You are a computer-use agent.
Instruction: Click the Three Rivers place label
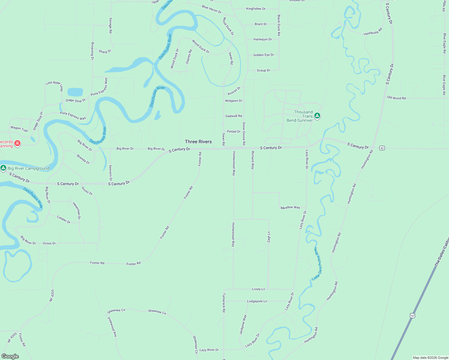click(198, 142)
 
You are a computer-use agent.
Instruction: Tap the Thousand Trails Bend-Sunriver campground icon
click(317, 116)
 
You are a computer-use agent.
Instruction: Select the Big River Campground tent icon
click(3, 168)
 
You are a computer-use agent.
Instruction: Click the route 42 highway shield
click(382, 148)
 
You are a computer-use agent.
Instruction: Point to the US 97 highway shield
click(413, 316)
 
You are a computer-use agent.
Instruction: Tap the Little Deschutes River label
click(317, 264)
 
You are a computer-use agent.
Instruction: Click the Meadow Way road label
click(290, 207)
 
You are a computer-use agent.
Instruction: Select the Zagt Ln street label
click(269, 237)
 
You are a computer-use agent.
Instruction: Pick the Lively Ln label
click(258, 289)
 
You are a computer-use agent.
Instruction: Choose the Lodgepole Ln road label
click(257, 301)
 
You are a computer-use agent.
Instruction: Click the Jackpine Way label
click(243, 325)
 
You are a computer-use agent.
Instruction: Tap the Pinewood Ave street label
click(112, 327)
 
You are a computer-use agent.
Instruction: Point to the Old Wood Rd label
click(396, 98)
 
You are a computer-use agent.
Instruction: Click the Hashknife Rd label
click(373, 31)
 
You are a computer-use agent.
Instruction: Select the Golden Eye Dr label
click(264, 55)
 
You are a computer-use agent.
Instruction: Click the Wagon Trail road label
click(19, 129)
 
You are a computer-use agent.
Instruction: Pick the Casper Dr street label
click(64, 220)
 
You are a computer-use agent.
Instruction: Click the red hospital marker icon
click(17, 143)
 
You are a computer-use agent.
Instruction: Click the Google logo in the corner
click(10, 356)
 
